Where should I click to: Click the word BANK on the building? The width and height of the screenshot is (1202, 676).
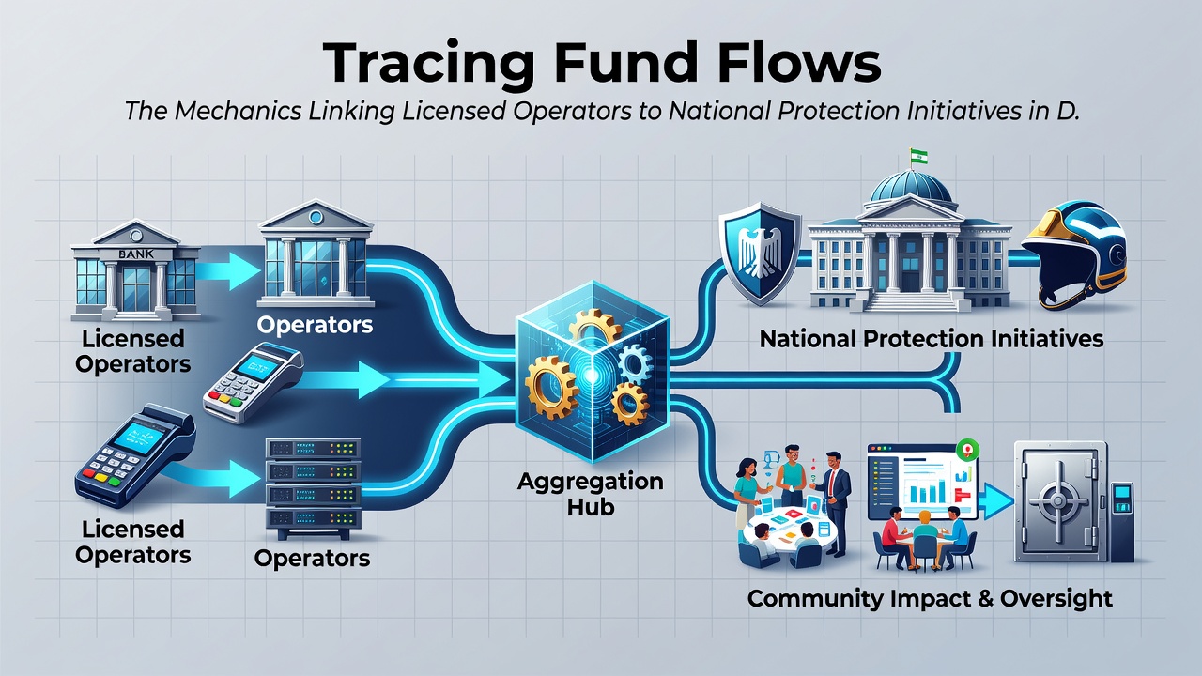pos(135,253)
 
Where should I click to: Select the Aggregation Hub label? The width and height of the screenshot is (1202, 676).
pos(591,494)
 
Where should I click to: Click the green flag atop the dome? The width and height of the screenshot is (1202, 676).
pos(918,157)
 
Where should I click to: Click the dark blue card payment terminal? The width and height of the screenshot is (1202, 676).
pos(134,456)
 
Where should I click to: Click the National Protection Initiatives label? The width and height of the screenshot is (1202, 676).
pos(932,339)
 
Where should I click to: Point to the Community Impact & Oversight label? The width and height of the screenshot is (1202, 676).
pos(930,599)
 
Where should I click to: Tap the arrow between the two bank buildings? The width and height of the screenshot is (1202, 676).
pos(228,270)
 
